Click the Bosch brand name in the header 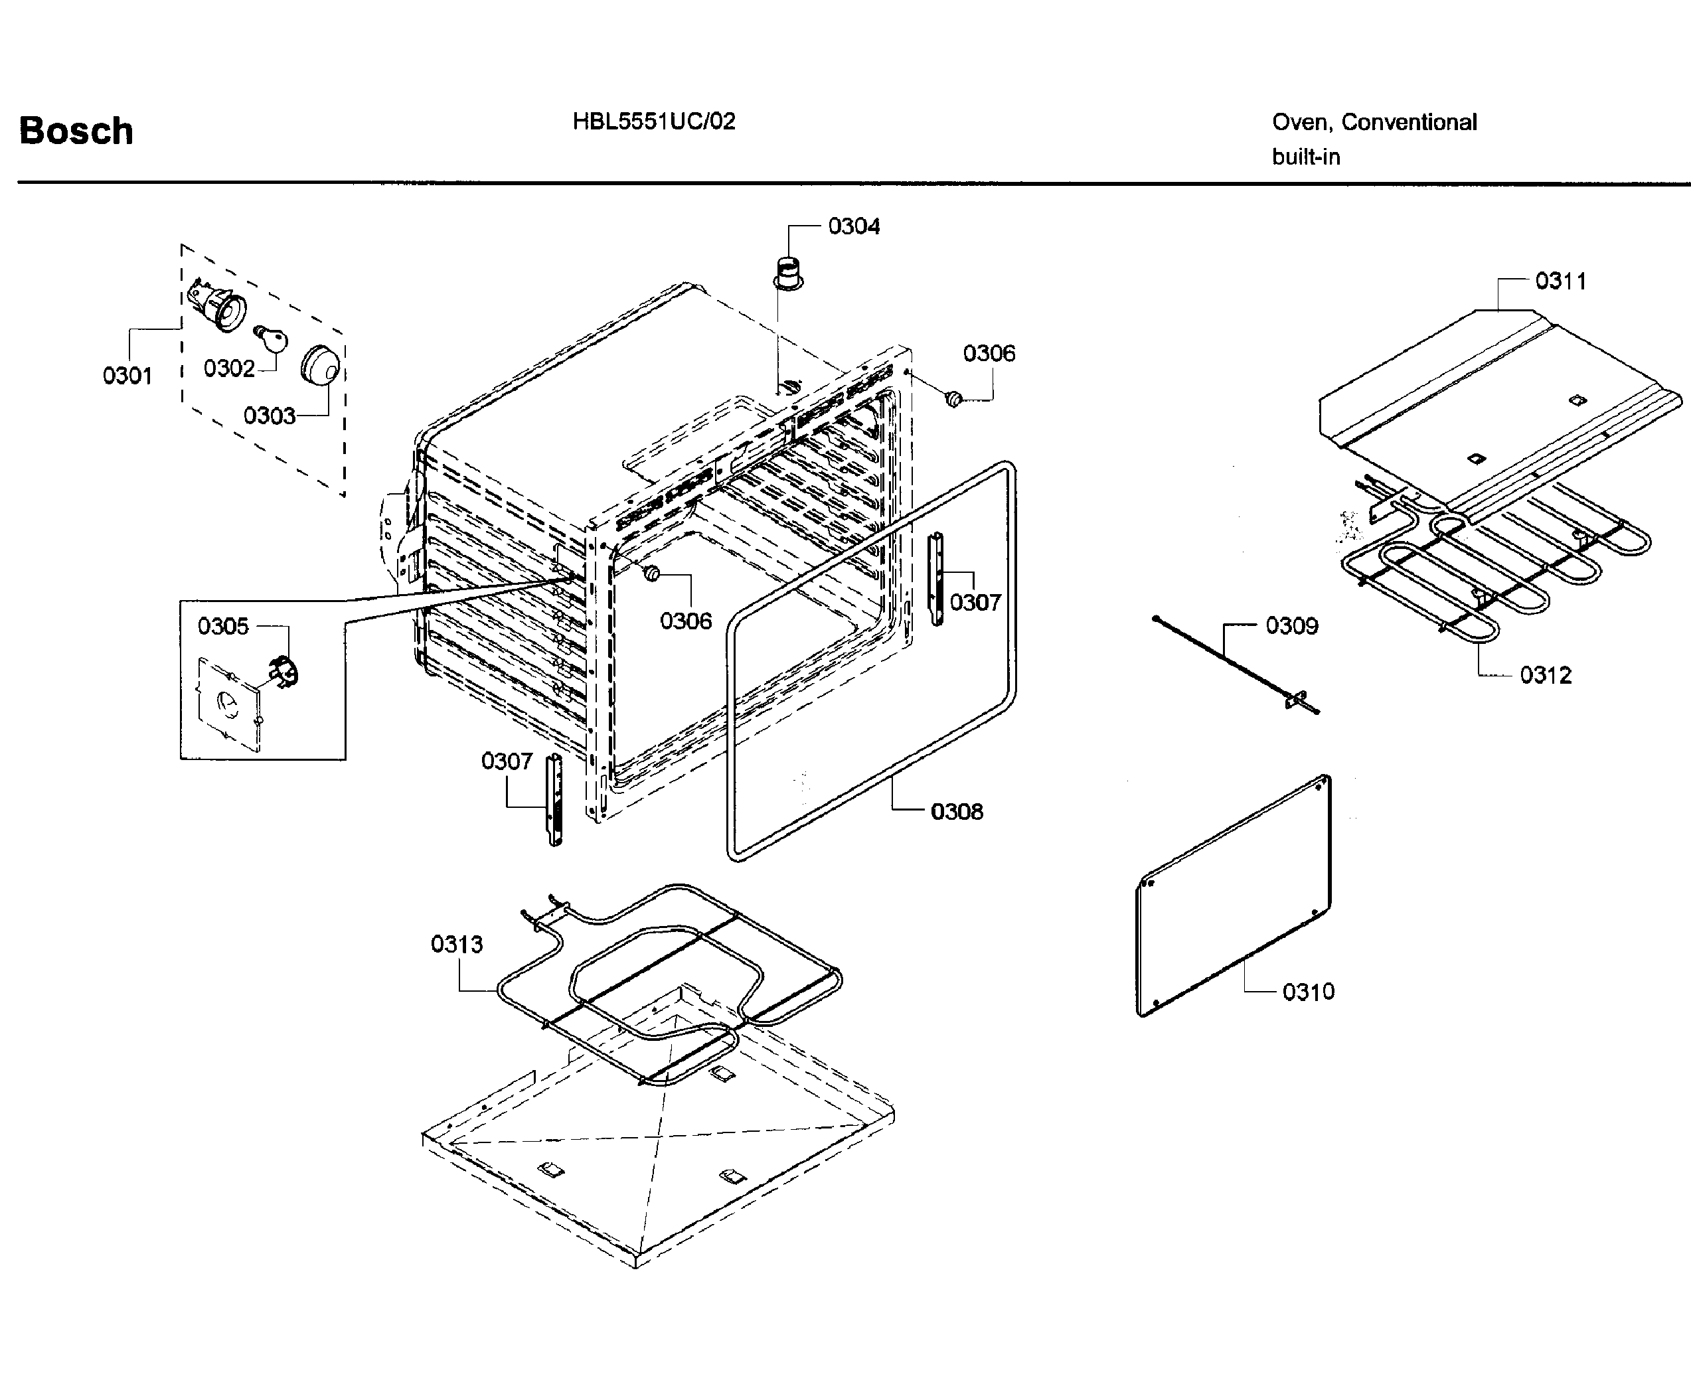[76, 131]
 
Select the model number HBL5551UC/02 [654, 121]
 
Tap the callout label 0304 [854, 227]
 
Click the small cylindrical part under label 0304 [788, 271]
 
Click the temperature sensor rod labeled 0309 [1234, 665]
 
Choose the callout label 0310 [1309, 992]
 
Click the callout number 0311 [1561, 281]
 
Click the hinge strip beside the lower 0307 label [554, 799]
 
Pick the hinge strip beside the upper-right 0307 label [936, 578]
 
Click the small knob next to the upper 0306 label [953, 398]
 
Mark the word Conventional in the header [1409, 122]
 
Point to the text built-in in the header [1306, 157]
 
